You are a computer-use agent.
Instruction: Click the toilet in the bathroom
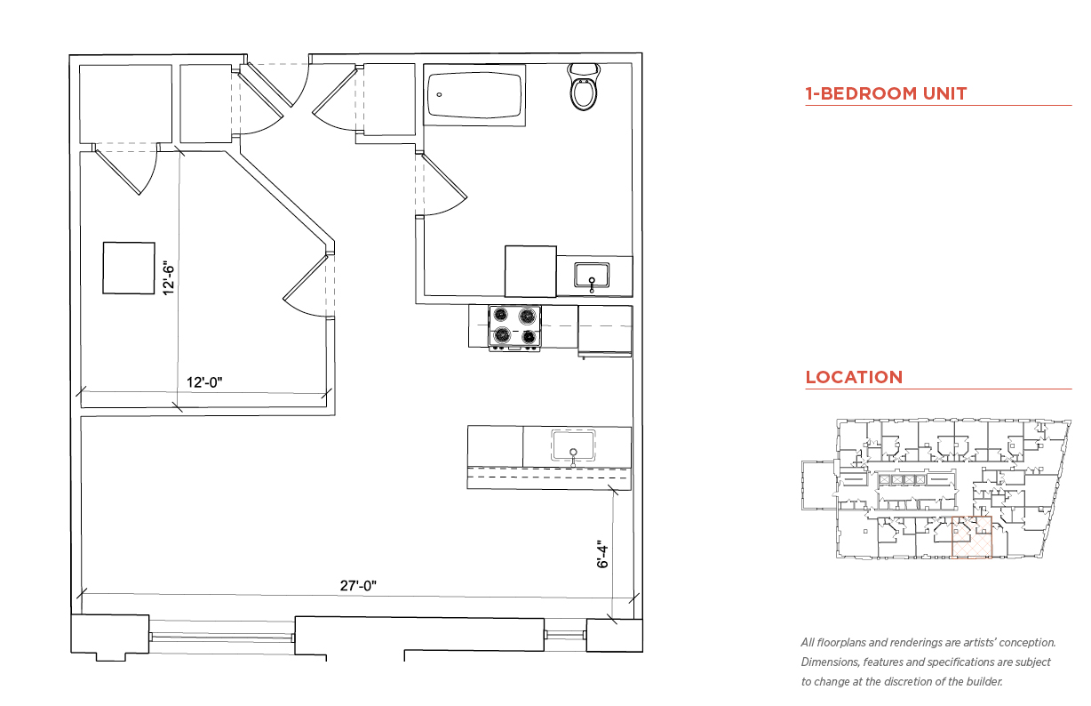(584, 87)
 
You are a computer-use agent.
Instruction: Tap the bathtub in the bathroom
(474, 95)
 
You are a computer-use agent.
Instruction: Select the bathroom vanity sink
(592, 276)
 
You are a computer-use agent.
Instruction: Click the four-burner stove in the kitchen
(514, 328)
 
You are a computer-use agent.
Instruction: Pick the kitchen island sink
(573, 445)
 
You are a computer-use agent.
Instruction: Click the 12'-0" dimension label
(204, 382)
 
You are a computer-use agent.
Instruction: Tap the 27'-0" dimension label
(358, 586)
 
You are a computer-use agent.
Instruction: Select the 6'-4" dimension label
(602, 554)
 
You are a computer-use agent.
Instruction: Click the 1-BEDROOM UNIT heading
(886, 93)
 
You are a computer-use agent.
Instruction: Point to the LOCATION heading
(854, 377)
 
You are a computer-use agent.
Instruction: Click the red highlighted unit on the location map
(972, 537)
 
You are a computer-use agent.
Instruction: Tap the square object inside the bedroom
(129, 269)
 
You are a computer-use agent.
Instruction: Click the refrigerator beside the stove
(605, 332)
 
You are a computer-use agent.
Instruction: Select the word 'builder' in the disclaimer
(984, 682)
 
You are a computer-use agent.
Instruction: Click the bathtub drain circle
(439, 94)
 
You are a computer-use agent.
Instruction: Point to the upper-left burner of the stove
(501, 315)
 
